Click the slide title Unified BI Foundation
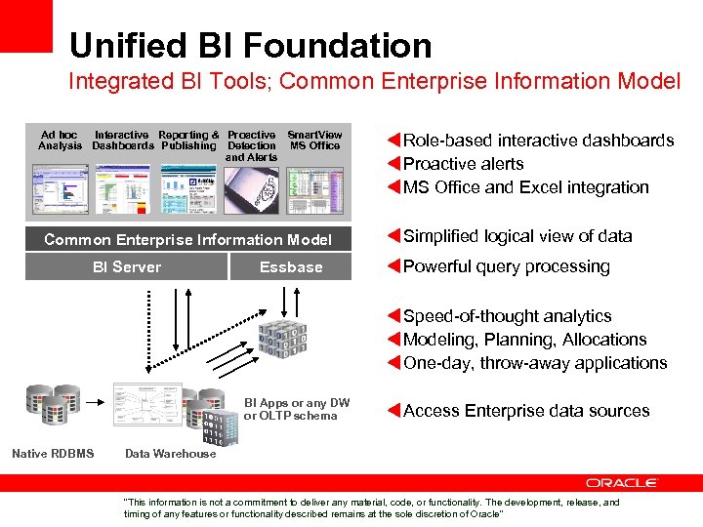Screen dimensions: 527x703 click(x=250, y=45)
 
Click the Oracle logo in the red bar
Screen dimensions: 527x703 click(x=622, y=482)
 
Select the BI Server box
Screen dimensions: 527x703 click(x=127, y=266)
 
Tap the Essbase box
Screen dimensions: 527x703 click(x=291, y=266)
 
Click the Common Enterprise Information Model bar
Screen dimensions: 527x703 click(x=188, y=239)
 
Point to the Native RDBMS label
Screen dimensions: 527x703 click(x=53, y=453)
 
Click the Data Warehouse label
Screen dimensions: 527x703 click(x=171, y=453)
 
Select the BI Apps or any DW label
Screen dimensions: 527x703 click(x=297, y=409)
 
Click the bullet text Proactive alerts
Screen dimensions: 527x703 click(x=463, y=164)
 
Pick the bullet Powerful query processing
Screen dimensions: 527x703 click(x=506, y=266)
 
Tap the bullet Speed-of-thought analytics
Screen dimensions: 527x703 click(x=507, y=316)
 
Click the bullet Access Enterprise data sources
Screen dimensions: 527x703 click(x=525, y=411)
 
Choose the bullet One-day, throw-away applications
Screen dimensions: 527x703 click(x=535, y=363)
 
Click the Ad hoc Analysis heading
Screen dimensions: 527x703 click(x=60, y=140)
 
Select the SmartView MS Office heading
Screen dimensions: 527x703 click(x=314, y=140)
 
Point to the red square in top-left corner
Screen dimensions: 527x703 click(x=25, y=25)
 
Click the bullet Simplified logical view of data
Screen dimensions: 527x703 click(x=517, y=236)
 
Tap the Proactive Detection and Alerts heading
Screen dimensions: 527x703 click(x=251, y=145)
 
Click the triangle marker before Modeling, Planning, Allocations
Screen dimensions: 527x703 click(x=394, y=340)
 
